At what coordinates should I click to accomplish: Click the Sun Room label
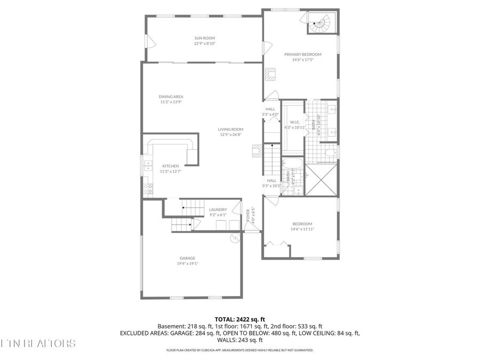coord(205,38)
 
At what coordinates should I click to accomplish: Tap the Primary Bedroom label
coord(302,54)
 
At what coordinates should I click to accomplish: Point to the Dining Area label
coord(171,97)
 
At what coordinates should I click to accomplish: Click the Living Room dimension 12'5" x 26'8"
coord(230,134)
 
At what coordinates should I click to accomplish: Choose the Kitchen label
coord(171,166)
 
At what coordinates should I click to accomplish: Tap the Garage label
coord(187,258)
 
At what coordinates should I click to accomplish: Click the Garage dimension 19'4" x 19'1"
coord(187,263)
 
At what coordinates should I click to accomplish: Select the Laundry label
coord(218,210)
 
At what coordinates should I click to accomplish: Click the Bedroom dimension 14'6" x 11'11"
coord(302,229)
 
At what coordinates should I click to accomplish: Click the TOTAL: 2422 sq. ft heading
coord(239,318)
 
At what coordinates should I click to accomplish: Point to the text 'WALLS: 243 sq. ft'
coord(239,340)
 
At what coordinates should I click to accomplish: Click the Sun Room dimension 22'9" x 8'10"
coord(205,44)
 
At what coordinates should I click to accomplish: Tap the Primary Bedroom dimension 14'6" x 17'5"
coord(302,60)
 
